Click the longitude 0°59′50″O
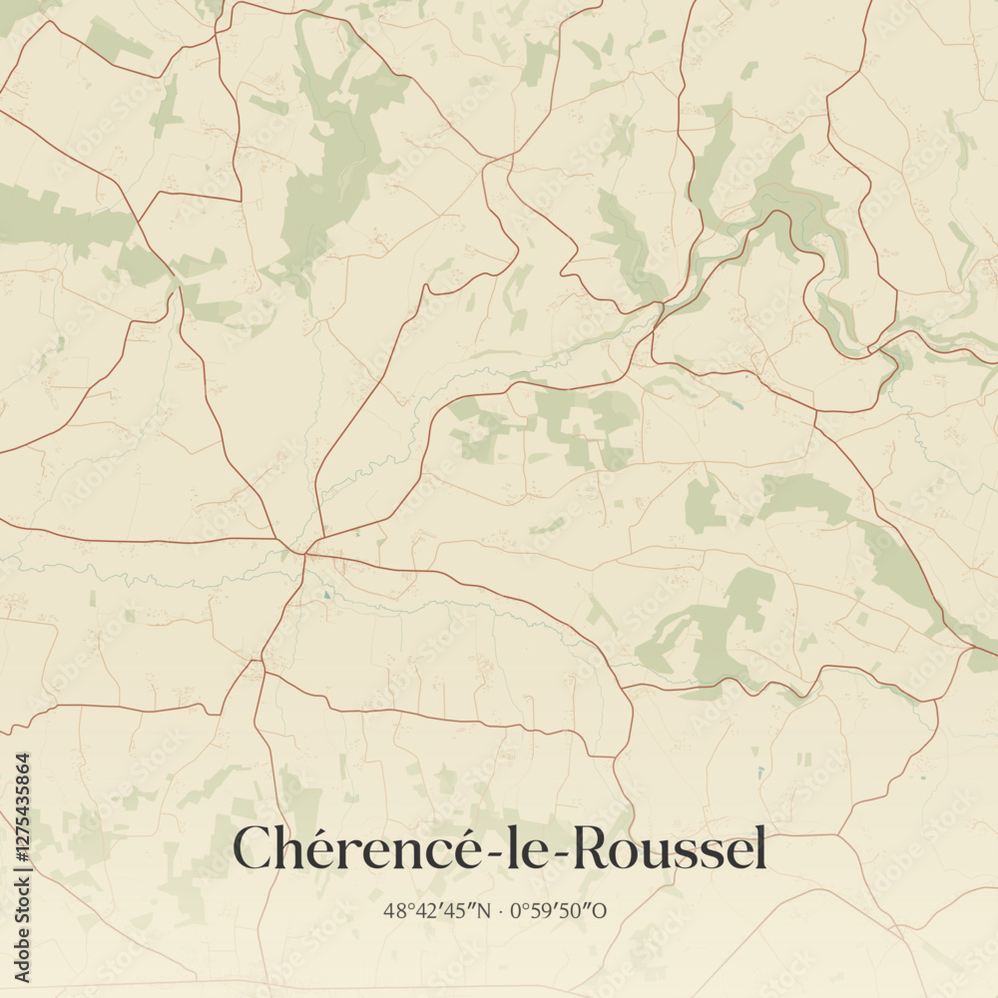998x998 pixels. pos(565,910)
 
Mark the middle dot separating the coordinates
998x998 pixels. pos(501,910)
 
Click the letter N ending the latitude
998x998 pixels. pos(484,910)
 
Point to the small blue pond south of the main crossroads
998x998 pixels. pos(325,597)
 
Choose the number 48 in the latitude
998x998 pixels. pos(392,910)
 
